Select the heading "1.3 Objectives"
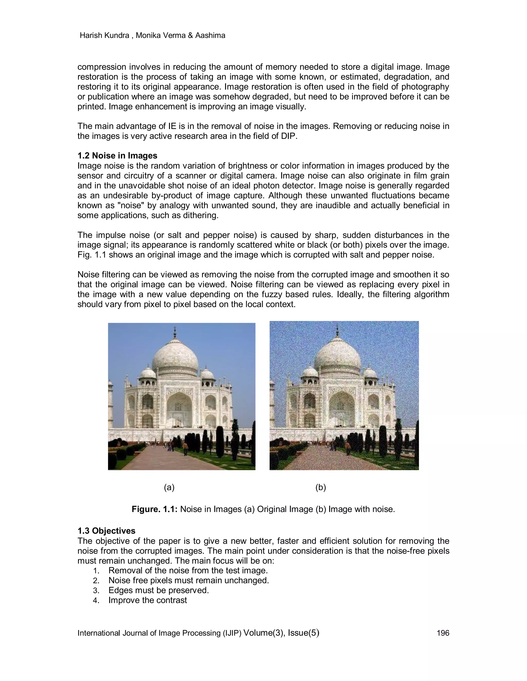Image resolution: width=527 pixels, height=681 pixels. click(x=107, y=531)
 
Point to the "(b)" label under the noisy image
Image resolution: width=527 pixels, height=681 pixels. click(x=321, y=487)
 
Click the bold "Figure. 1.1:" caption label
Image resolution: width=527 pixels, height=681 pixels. click(x=155, y=509)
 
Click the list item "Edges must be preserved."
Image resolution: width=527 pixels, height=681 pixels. click(x=159, y=590)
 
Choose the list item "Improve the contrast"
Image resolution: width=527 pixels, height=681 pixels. click(x=148, y=600)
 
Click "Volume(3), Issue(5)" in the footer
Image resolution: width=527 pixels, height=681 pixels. click(x=281, y=632)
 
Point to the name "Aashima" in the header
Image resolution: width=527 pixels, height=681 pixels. click(x=210, y=35)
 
